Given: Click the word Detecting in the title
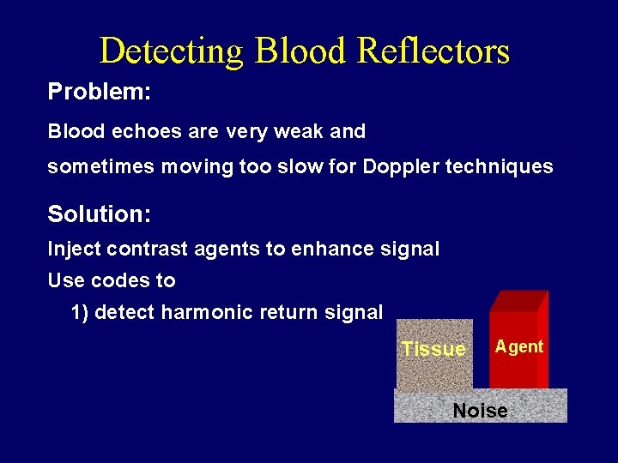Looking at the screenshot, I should (172, 51).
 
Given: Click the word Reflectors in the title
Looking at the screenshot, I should (433, 51).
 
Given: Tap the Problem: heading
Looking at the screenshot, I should (100, 93).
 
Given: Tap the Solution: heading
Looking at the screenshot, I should (100, 213).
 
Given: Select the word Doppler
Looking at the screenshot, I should (396, 167).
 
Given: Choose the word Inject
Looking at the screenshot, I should (74, 250).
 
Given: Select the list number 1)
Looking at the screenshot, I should (81, 313).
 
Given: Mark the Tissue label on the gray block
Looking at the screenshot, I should (433, 350).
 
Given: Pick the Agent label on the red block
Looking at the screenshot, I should (519, 347).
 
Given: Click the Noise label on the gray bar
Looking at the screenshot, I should (481, 411).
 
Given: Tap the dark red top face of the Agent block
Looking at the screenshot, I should (518, 302).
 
